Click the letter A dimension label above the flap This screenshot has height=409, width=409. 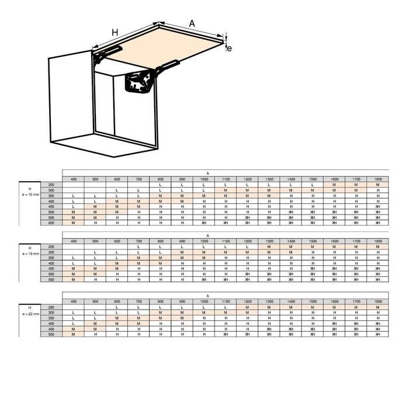(x=192, y=23)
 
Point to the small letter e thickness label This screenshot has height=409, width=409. (x=229, y=48)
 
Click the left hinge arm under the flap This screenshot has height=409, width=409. (x=105, y=54)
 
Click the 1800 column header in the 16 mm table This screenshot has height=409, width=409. (x=378, y=179)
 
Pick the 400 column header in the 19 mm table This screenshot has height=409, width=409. (x=74, y=241)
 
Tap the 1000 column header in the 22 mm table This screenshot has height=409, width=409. (x=204, y=301)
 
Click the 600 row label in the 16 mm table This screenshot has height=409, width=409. (x=51, y=223)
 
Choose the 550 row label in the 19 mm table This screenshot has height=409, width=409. (x=51, y=280)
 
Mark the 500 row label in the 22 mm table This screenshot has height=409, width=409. (x=51, y=335)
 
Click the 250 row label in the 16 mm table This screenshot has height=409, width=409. (x=51, y=185)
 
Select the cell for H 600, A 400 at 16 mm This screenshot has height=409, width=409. (x=74, y=223)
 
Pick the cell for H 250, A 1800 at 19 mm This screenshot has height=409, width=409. (x=378, y=247)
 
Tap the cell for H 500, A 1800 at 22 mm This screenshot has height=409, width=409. (x=378, y=335)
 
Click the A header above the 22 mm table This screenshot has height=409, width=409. (x=207, y=296)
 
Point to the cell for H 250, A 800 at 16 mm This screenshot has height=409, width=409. (x=160, y=185)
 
